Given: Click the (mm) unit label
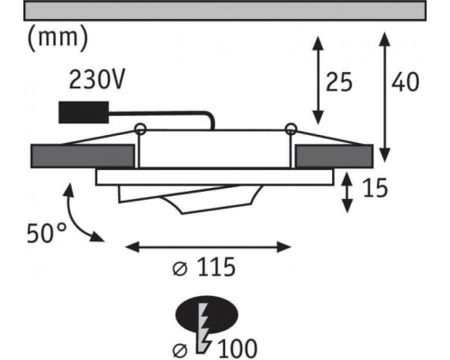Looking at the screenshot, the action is (58, 39).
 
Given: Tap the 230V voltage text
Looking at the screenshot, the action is (96, 80).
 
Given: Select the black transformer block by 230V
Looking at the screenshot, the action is (84, 112).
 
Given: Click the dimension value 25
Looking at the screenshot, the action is (339, 82).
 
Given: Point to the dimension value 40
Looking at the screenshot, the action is (405, 82).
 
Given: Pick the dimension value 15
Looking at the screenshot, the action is (375, 188).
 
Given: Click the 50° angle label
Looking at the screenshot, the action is (46, 233).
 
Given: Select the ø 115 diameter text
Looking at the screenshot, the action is (204, 267).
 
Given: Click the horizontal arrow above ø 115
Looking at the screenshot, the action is (208, 247).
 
